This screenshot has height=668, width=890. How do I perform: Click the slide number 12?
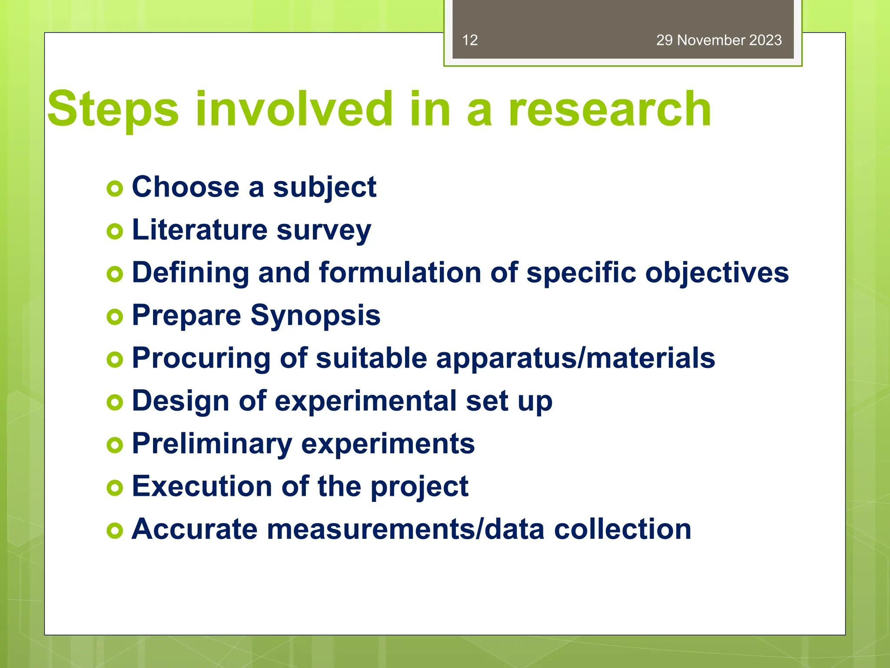[470, 40]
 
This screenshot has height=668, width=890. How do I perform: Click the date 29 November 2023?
[719, 40]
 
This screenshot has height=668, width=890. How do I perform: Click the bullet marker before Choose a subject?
[115, 189]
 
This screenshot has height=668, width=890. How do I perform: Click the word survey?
[324, 230]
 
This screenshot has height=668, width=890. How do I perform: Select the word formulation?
[400, 273]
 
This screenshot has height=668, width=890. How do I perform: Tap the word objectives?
[717, 274]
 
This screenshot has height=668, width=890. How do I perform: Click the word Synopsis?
[315, 316]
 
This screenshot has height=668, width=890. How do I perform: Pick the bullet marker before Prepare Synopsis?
[115, 317]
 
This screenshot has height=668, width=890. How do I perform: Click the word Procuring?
[201, 358]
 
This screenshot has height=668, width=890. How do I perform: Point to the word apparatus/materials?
[575, 358]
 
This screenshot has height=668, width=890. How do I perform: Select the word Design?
[180, 401]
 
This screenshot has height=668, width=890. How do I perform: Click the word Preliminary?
[212, 444]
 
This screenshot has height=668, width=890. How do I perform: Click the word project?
[419, 487]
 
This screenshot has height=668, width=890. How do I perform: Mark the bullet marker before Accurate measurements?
[115, 531]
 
